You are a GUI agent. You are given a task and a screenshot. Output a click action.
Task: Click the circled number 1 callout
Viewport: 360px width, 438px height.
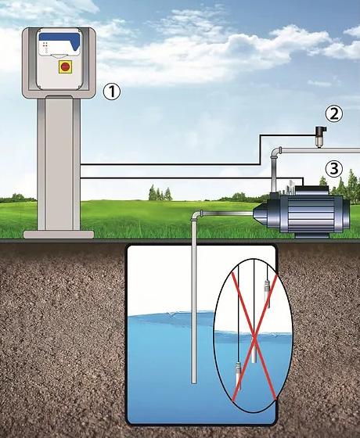[112, 92]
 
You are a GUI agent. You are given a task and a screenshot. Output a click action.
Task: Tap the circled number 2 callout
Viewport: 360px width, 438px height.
[334, 114]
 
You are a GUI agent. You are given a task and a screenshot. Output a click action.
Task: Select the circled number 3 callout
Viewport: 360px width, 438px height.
[334, 169]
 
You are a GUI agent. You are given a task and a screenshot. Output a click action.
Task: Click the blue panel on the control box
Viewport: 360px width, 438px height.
[59, 40]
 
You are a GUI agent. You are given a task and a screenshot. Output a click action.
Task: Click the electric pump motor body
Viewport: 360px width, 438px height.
[310, 216]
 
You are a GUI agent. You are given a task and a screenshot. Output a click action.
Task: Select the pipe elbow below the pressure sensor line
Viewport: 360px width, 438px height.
[276, 152]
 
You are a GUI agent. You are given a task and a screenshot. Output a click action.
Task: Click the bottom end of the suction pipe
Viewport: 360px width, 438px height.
[194, 383]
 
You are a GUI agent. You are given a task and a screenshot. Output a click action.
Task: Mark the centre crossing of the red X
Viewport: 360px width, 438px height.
[254, 337]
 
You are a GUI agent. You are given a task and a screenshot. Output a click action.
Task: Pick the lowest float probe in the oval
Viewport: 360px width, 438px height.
[239, 375]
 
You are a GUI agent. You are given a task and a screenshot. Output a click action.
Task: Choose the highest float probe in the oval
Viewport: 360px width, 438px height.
[267, 293]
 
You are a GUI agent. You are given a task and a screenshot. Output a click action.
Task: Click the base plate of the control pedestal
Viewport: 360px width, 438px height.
[59, 235]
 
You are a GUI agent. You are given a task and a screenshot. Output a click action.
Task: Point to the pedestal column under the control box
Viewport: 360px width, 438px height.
[59, 163]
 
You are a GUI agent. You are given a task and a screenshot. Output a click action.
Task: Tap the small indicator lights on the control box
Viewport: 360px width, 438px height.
[45, 47]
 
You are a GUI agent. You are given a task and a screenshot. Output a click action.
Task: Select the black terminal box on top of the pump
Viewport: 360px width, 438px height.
[312, 190]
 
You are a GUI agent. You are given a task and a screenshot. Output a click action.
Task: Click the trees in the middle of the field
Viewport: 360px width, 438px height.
[160, 192]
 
